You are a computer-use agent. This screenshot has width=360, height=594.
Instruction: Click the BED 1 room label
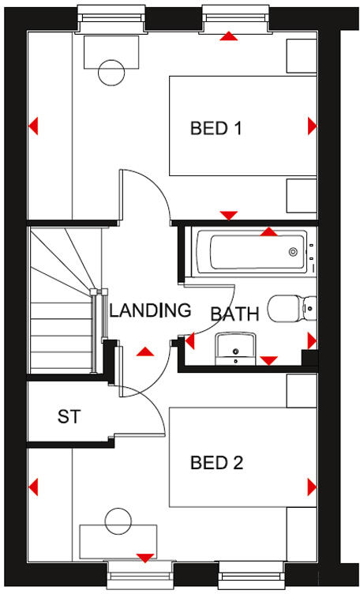(x=216, y=127)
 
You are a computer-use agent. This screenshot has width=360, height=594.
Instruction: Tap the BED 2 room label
(x=216, y=462)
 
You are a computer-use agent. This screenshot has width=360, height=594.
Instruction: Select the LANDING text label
(x=150, y=310)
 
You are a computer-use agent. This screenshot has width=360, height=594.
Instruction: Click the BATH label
(x=234, y=314)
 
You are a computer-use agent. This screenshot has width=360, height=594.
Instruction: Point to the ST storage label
(x=69, y=417)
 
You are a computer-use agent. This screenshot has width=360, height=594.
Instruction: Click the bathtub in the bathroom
(x=248, y=252)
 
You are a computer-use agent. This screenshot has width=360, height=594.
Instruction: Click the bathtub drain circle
(x=293, y=252)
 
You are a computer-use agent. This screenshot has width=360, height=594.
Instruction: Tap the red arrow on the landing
(x=144, y=352)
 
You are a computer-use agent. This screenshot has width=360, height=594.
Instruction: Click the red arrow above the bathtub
(x=269, y=231)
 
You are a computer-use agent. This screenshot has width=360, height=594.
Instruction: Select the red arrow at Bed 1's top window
(x=229, y=36)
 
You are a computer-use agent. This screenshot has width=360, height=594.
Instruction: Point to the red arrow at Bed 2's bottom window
(x=144, y=558)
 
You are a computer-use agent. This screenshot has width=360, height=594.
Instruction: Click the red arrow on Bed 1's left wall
(x=33, y=126)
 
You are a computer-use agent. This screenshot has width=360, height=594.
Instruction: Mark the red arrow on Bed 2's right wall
(x=312, y=486)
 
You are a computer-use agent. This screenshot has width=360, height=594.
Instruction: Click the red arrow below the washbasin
(x=268, y=360)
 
